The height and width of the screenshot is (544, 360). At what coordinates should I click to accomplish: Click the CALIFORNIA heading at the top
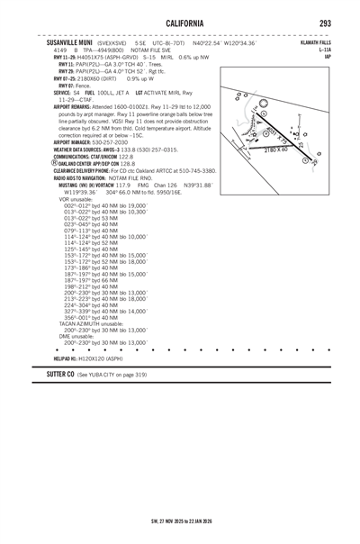(181, 24)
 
